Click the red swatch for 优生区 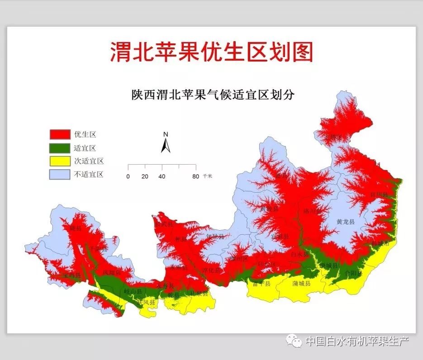click(60, 134)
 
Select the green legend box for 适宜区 click(60, 147)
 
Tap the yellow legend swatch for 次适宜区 click(60, 161)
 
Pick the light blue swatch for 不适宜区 click(60, 174)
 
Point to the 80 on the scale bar click(195, 176)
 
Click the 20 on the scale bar click(145, 176)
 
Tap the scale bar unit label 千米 click(208, 176)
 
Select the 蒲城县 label click(301, 284)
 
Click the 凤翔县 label click(112, 273)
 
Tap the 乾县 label click(173, 295)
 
